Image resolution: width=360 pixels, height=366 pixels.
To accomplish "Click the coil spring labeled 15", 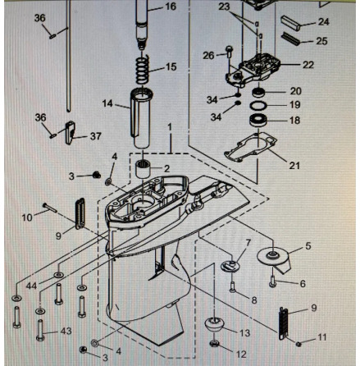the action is coord(144,69).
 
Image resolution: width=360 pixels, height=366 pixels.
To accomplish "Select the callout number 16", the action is coord(171,7).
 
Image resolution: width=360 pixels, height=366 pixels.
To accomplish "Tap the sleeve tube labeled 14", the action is coord(141,117).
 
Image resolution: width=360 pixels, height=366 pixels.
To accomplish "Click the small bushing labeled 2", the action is coord(144,170).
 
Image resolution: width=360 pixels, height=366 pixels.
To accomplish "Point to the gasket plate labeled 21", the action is coord(251,148).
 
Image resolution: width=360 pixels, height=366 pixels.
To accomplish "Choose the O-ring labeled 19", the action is coord(258,105).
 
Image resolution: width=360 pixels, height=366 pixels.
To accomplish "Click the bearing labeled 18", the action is coord(258,120).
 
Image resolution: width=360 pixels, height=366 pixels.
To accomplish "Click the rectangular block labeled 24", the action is coord(291,23).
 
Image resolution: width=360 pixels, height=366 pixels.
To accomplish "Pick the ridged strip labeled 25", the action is coord(291,39).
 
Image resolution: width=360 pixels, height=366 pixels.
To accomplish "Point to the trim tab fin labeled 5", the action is coord(275,261).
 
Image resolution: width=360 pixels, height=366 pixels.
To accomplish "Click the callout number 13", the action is coord(244,333).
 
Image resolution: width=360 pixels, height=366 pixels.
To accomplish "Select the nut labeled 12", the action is coord(215,343).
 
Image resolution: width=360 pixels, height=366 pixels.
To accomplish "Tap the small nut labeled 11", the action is coord(298,344).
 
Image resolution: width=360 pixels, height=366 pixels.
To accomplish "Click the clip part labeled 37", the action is coord(70,132).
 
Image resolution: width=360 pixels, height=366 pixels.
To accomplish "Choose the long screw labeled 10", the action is coord(50,208).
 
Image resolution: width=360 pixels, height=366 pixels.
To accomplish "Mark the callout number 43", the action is coord(66,331).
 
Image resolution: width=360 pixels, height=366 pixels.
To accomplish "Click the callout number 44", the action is coord(31,286).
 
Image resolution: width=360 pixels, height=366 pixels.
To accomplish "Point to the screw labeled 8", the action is coord(232,287).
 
